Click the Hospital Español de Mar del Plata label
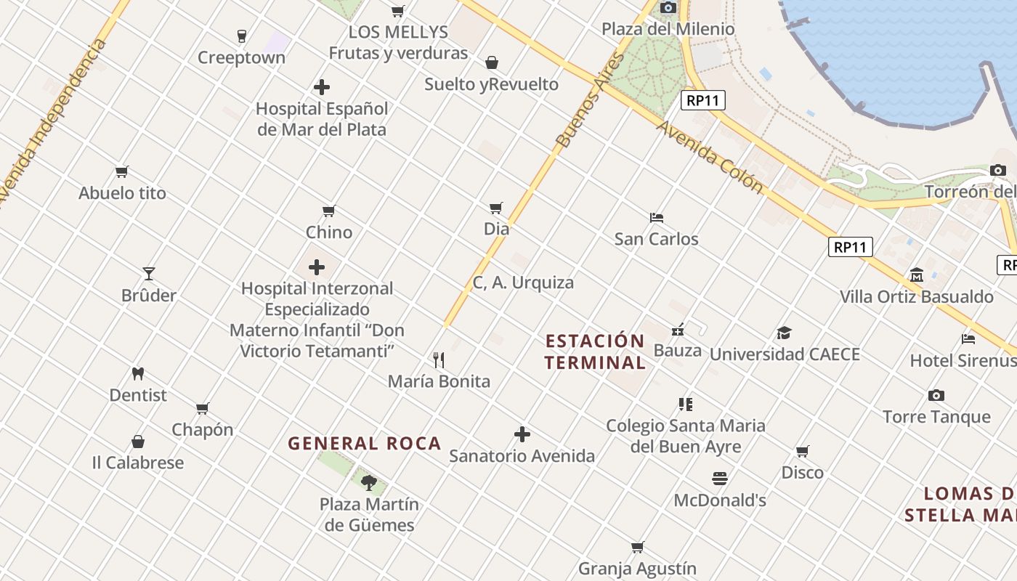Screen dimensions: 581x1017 pyautogui.click(x=322, y=119)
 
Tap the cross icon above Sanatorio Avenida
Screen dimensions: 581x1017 pyautogui.click(x=522, y=434)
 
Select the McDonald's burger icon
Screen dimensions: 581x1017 pyautogui.click(x=720, y=479)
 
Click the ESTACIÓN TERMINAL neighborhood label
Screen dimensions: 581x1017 pyautogui.click(x=595, y=352)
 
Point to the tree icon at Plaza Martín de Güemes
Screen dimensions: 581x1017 pyautogui.click(x=369, y=482)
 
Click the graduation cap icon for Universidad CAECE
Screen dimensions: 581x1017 pyautogui.click(x=784, y=333)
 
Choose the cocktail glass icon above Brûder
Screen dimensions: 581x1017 pyautogui.click(x=149, y=274)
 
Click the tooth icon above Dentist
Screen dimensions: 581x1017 pyautogui.click(x=138, y=374)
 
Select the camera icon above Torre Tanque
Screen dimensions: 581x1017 pyautogui.click(x=936, y=396)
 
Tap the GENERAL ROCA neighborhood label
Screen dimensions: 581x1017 pyautogui.click(x=365, y=443)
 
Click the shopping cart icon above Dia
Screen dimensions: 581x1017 pyautogui.click(x=496, y=208)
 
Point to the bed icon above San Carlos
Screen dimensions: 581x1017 pyautogui.click(x=657, y=218)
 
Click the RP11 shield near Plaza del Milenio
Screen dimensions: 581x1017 pyautogui.click(x=703, y=100)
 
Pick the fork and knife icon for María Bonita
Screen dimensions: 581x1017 pyautogui.click(x=439, y=359)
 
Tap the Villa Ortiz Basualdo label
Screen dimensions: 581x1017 pyautogui.click(x=916, y=296)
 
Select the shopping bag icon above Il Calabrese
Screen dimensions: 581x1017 pyautogui.click(x=138, y=442)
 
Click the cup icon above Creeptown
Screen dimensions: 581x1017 pyautogui.click(x=242, y=36)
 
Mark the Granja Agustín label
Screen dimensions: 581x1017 pyautogui.click(x=637, y=569)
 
